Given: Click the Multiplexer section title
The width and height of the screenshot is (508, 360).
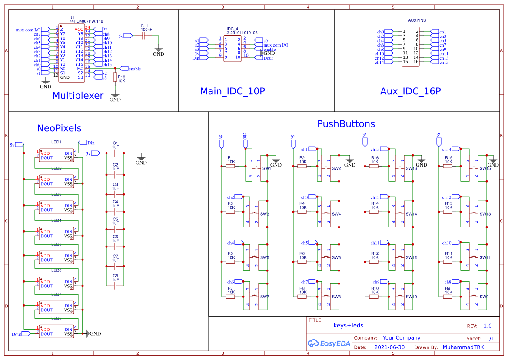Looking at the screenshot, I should pyautogui.click(x=78, y=96).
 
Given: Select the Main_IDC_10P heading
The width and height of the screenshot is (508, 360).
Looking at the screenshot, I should pyautogui.click(x=232, y=91).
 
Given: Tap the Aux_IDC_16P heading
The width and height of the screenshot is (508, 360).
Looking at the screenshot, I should pyautogui.click(x=410, y=91).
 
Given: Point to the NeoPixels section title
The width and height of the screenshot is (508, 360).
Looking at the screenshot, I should pyautogui.click(x=59, y=128).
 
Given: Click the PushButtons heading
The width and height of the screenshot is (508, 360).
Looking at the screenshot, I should pyautogui.click(x=346, y=124).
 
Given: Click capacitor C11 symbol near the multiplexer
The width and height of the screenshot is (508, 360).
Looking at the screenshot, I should pyautogui.click(x=144, y=36).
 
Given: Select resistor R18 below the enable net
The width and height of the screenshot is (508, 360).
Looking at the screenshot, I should pyautogui.click(x=115, y=77).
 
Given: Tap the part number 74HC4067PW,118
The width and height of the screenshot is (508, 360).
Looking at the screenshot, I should pyautogui.click(x=86, y=21).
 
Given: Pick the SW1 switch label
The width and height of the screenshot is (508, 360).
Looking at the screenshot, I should pyautogui.click(x=266, y=169).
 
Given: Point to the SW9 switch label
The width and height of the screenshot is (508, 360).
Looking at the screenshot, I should pyautogui.click(x=484, y=297).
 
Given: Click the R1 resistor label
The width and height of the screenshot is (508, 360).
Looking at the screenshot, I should pyautogui.click(x=230, y=157).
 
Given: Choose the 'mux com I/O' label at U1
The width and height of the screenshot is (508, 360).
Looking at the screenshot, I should pyautogui.click(x=28, y=30).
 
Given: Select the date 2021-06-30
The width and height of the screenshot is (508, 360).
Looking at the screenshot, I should pyautogui.click(x=389, y=347).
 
